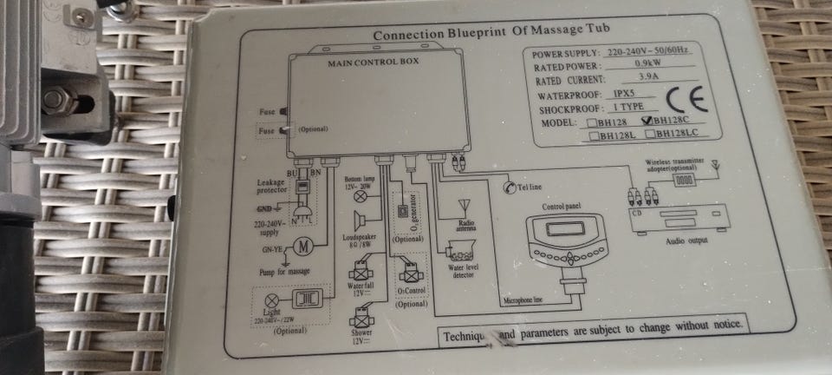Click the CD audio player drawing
point(681,217)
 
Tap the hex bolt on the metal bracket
point(55,98)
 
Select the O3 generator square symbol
point(402,213)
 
